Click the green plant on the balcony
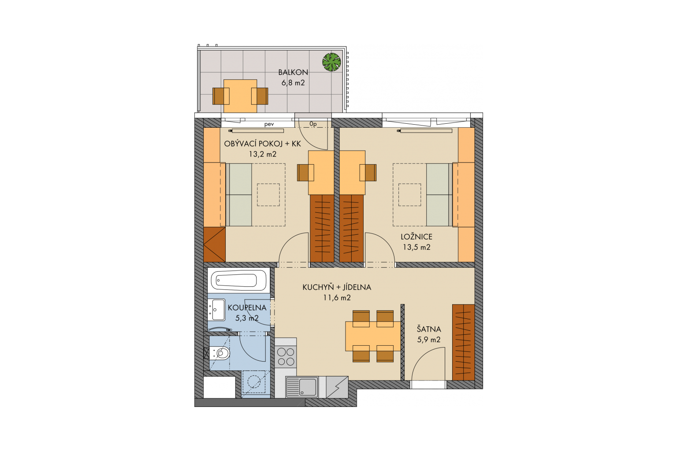coord(331,62)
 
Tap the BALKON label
coord(293,73)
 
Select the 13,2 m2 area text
coord(263,154)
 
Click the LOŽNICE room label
coord(417,237)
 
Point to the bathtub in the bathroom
coord(238,280)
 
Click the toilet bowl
coord(221,353)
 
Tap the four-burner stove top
coord(286,357)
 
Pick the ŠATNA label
coord(429,329)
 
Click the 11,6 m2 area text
coord(337,298)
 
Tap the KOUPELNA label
coord(247,308)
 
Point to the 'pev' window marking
coord(269,124)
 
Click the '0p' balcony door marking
coord(313,124)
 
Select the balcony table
coord(240,96)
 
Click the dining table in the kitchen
coord(373,336)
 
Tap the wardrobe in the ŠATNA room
coord(463,343)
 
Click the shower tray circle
coord(253,382)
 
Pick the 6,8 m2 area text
coord(293,83)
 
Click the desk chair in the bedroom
coord(368,173)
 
